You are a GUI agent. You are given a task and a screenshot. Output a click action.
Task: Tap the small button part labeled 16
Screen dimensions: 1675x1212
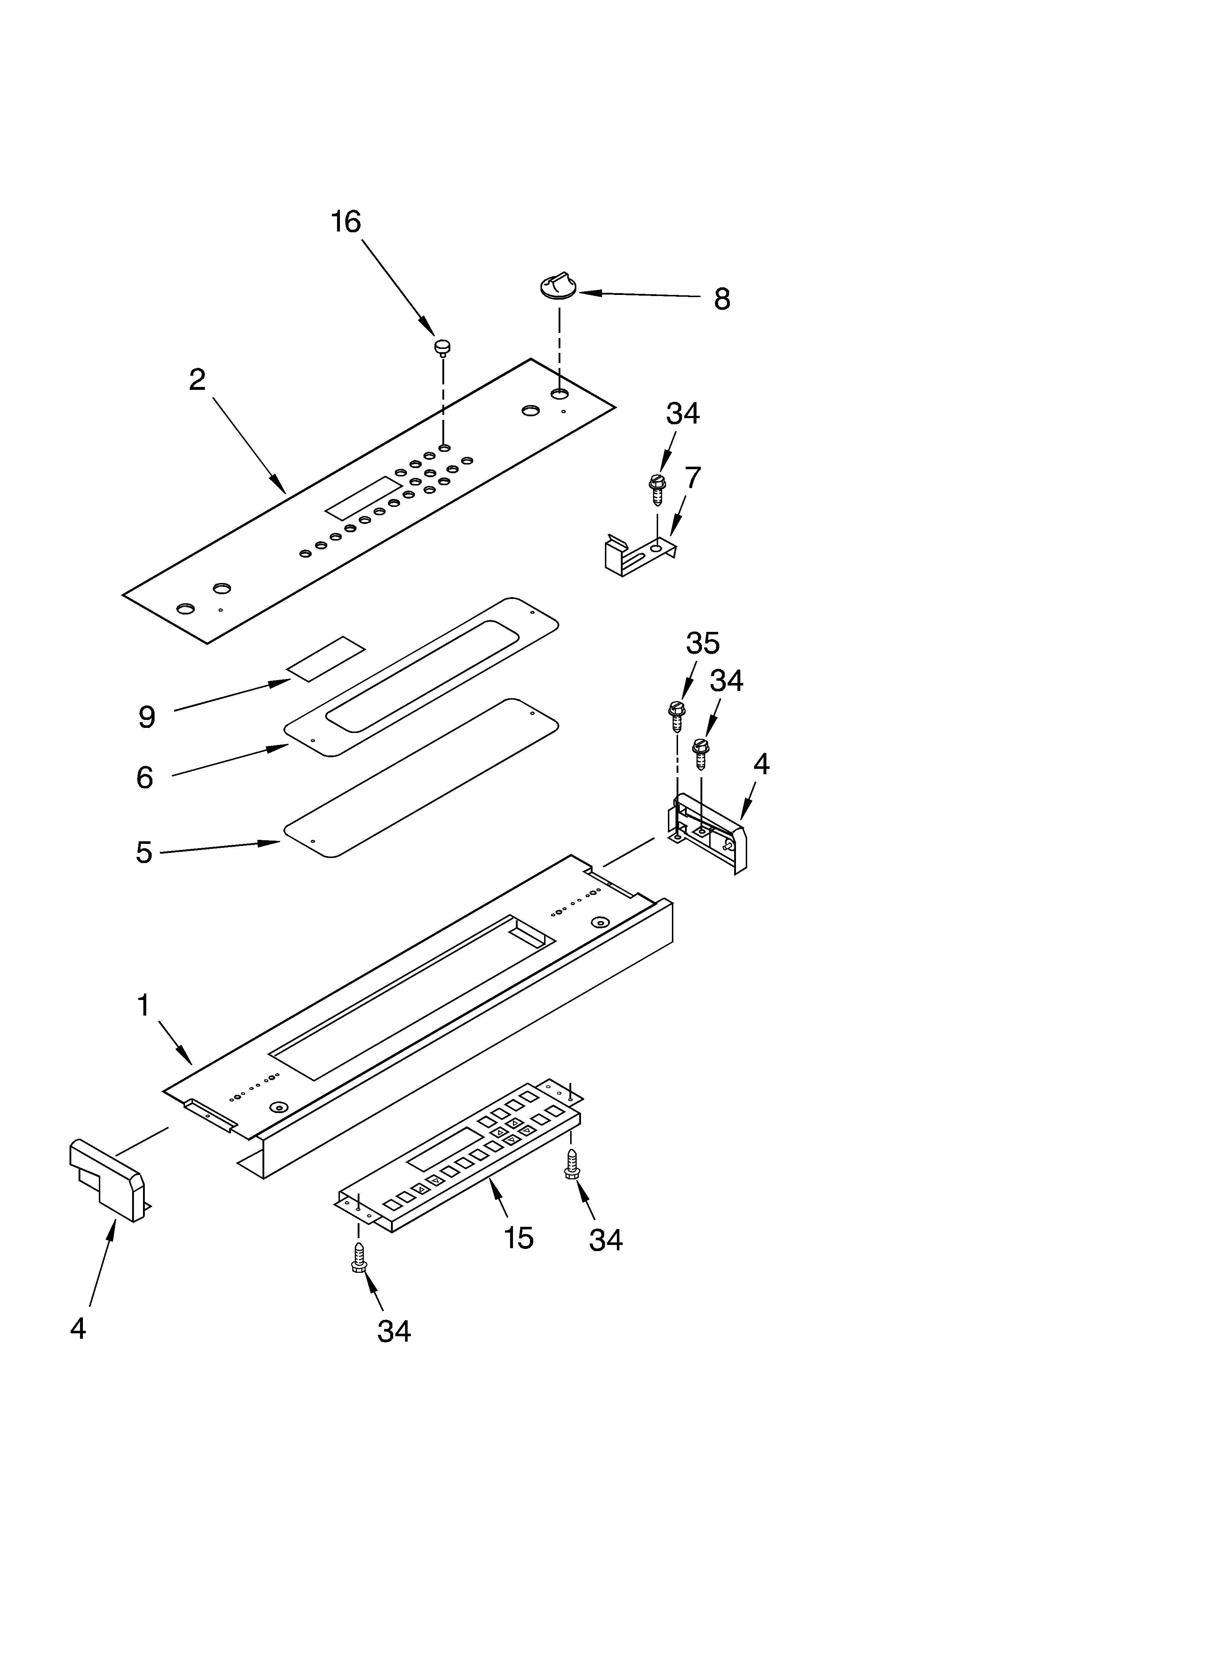(x=443, y=347)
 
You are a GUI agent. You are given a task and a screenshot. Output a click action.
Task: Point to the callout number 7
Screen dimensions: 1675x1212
(x=692, y=479)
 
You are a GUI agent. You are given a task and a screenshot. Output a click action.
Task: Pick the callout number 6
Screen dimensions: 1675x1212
(x=145, y=778)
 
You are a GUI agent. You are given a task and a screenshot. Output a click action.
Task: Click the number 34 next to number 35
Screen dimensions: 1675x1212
(x=726, y=681)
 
